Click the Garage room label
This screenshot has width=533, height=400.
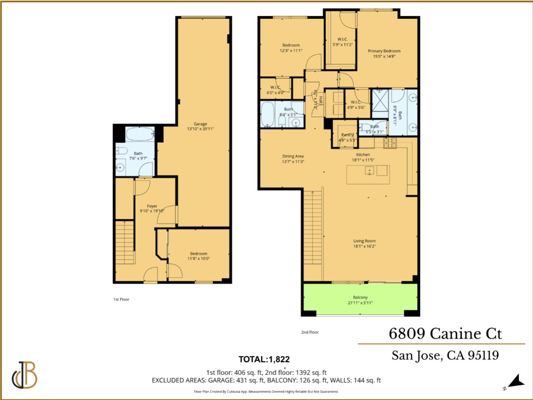point(200,124)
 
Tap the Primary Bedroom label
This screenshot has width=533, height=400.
point(384,51)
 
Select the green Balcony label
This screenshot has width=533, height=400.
point(360,297)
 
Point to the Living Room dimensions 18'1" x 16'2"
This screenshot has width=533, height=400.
point(364,246)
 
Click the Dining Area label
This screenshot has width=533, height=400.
point(293,156)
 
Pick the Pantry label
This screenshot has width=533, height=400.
point(347,135)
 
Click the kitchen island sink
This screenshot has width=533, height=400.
point(369,171)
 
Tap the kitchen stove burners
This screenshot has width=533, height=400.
point(390,143)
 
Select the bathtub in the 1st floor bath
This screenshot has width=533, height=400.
point(140,134)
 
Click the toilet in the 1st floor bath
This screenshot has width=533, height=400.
point(122,151)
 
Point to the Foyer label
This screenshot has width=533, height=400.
point(152,206)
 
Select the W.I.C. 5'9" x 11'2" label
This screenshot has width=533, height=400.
point(342,39)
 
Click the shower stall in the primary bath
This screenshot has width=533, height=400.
point(381,100)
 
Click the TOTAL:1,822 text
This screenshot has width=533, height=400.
point(264,359)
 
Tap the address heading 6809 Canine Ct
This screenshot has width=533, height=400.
point(445,334)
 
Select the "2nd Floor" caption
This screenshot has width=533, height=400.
point(309,333)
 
